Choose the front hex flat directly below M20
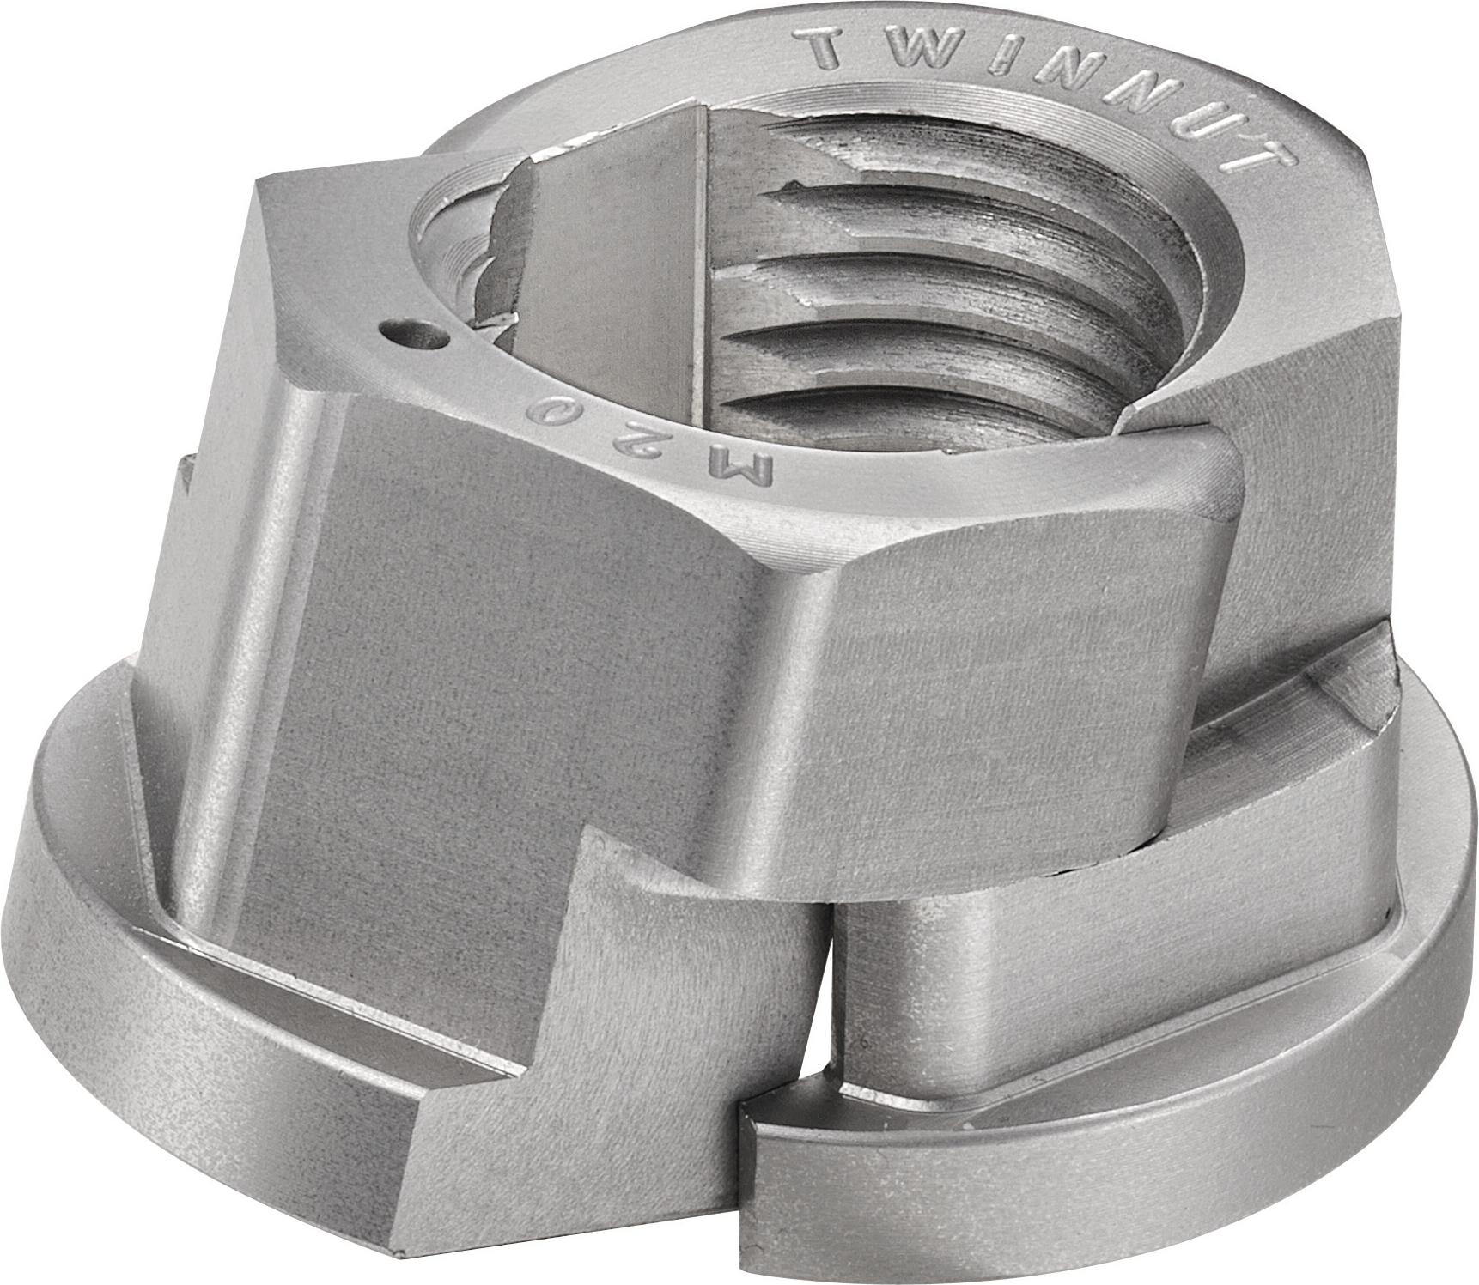(550, 652)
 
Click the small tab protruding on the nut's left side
(186, 498)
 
